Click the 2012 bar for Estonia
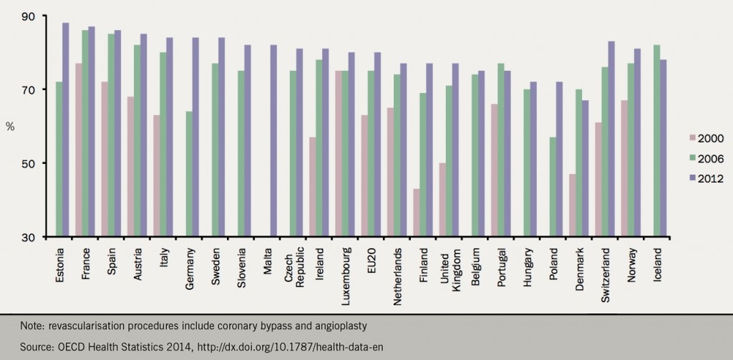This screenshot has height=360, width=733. point(66,130)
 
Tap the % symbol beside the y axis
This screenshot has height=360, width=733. point(10,126)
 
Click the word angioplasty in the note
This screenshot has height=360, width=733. point(342,326)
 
